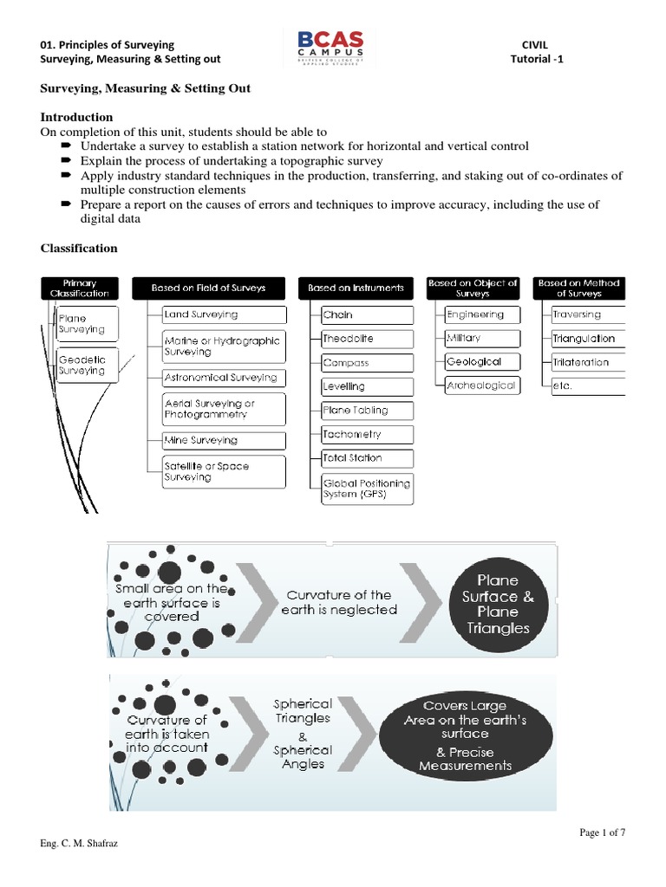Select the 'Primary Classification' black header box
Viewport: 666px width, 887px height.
click(x=80, y=288)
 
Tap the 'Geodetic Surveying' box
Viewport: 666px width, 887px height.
click(x=82, y=365)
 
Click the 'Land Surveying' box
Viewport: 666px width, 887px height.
click(x=224, y=315)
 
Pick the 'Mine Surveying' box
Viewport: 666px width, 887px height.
click(x=224, y=441)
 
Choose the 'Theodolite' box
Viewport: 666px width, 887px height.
click(x=367, y=339)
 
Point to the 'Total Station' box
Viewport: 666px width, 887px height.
click(x=367, y=457)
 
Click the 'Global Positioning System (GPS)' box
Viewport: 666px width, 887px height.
click(x=367, y=488)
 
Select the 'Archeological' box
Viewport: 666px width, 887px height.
click(x=481, y=385)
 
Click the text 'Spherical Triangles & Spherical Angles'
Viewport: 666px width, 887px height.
click(x=303, y=734)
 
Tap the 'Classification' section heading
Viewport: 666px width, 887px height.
click(x=79, y=249)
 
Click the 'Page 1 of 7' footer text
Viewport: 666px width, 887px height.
click(x=603, y=833)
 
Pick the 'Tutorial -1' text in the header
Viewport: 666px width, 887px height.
click(x=539, y=59)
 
